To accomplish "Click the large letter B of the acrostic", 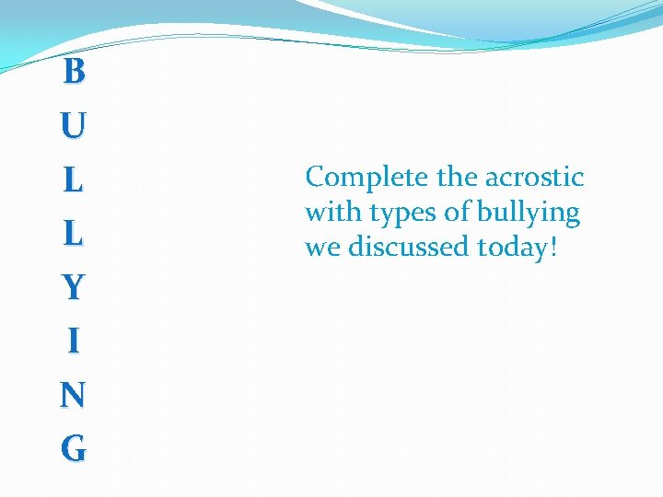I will click(x=74, y=71).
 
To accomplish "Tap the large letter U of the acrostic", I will click(x=74, y=125).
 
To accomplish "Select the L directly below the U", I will click(x=74, y=179).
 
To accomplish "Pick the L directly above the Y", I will click(x=74, y=234).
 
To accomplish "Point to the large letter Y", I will click(x=74, y=288).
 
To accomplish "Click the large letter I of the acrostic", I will click(x=74, y=341).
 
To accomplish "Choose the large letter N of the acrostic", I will click(x=74, y=396).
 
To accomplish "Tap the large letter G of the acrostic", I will click(x=74, y=449).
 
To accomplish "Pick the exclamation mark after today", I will click(x=553, y=248).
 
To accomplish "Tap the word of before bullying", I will click(x=458, y=213).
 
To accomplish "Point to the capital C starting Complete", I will click(x=316, y=176).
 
